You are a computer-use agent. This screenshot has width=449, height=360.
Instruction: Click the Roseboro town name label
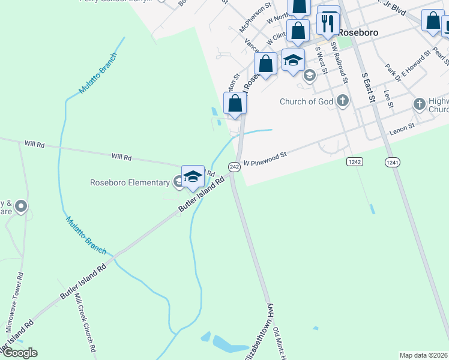point(358,32)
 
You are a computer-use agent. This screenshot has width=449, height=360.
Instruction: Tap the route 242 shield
point(234,167)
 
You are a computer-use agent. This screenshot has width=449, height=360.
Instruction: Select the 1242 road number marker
point(355,162)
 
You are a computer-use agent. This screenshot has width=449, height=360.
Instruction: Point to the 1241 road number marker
point(393,162)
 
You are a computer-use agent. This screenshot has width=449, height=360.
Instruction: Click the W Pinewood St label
point(265,158)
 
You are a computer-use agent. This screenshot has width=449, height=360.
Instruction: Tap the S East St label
point(368,87)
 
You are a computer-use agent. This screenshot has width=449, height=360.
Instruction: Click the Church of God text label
point(306,101)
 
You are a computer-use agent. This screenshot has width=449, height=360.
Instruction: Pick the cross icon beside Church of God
point(343,100)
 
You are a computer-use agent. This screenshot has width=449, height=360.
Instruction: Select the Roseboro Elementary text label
point(130,182)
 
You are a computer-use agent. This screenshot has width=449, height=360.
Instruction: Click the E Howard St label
point(416,64)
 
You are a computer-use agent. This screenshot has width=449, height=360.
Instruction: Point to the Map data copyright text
point(424,355)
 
